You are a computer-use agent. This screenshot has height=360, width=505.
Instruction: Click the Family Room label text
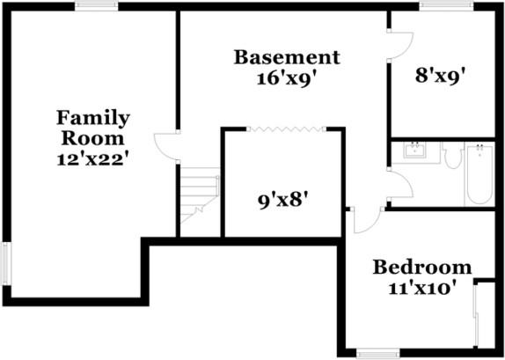pos(92,128)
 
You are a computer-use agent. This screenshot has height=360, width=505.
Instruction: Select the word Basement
pos(286,58)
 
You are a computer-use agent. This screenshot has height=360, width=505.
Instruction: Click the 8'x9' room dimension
pos(440,76)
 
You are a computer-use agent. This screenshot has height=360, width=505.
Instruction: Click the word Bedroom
pos(422,268)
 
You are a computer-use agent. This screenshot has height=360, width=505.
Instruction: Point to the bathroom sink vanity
pos(413,151)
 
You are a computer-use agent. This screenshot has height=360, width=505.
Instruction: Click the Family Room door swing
pos(165,146)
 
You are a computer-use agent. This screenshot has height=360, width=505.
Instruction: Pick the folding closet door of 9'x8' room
pos(283,129)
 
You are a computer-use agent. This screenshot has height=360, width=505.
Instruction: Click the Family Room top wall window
pos(96,6)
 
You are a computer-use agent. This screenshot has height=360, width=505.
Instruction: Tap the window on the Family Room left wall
pos(5,263)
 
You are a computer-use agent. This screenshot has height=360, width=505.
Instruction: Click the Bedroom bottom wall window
pos(377,354)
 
